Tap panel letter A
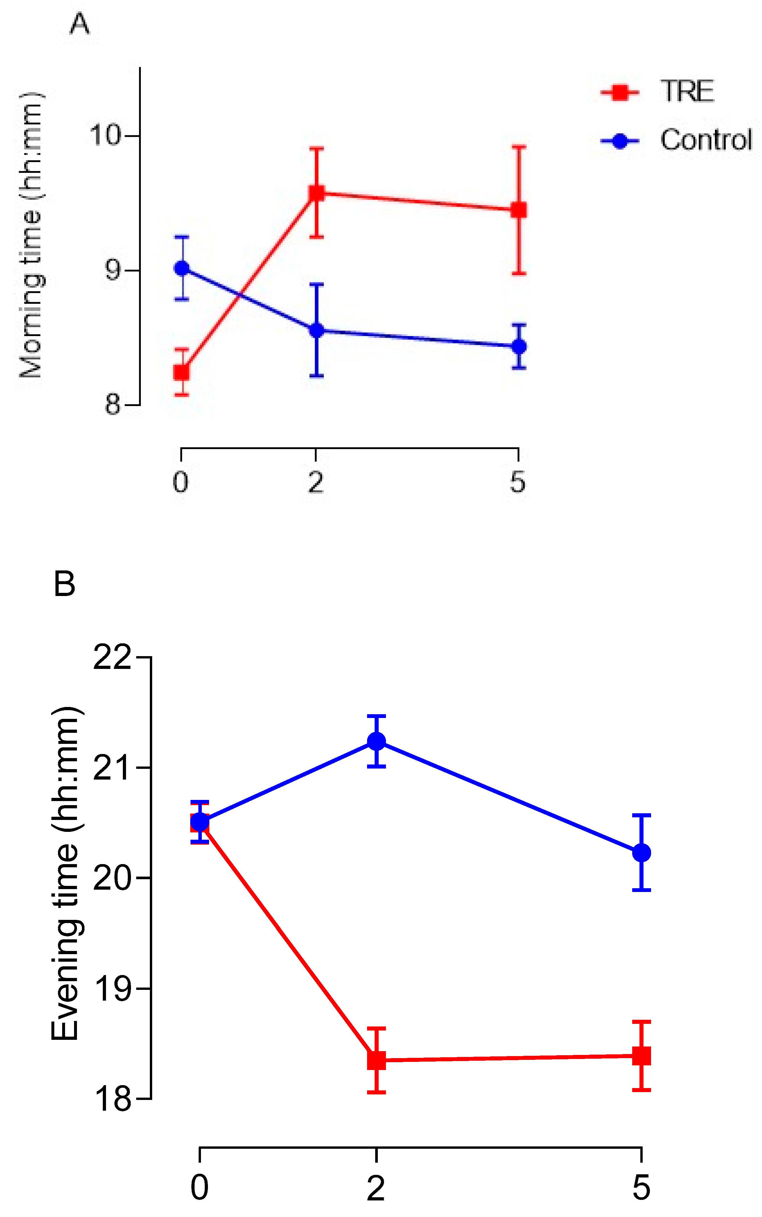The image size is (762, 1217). point(80,24)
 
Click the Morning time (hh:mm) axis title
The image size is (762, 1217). point(31,235)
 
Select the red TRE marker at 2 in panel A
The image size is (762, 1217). point(317,193)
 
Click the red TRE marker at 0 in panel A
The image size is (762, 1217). point(181,372)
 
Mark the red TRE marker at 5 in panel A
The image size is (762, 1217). point(519,210)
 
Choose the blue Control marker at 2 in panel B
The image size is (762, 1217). point(376,741)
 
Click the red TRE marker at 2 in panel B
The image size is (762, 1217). point(376,1060)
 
